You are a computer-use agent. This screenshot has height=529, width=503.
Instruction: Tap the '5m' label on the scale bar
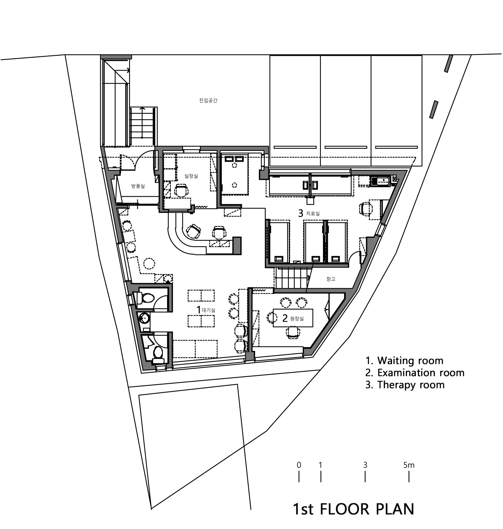tap(409, 465)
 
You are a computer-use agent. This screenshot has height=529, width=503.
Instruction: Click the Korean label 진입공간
tap(208, 100)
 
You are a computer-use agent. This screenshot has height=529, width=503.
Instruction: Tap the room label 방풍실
tap(138, 186)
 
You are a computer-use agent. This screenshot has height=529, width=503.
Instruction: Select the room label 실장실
tap(191, 176)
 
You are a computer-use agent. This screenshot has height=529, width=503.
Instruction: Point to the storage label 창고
tap(331, 279)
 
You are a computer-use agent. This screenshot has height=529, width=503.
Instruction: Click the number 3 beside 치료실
tap(300, 214)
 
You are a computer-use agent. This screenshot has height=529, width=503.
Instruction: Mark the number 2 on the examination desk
tap(285, 318)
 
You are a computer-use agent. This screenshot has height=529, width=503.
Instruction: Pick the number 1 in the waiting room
tap(198, 309)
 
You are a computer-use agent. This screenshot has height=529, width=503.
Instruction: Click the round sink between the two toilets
tap(144, 317)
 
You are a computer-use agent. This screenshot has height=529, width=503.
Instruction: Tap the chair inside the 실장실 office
tap(181, 190)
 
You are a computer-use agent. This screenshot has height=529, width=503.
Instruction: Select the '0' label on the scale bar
tap(299, 465)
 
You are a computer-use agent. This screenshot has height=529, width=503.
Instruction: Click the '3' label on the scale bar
tap(365, 465)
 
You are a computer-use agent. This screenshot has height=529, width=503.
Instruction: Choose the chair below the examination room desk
tap(293, 333)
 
